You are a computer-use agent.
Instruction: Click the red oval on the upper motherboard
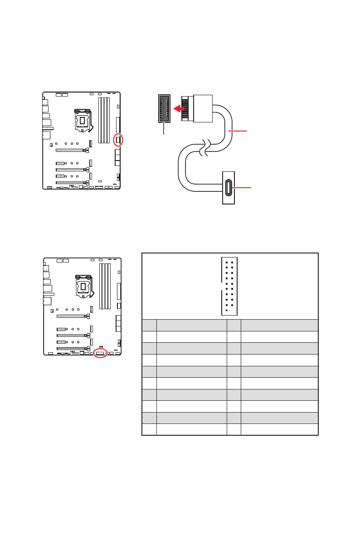click(118, 140)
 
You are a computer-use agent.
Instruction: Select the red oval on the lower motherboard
click(100, 353)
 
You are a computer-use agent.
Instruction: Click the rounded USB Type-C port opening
click(228, 187)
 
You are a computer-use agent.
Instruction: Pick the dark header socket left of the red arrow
click(164, 108)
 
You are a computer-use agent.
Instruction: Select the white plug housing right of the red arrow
click(203, 108)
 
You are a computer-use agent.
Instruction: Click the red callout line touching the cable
click(238, 131)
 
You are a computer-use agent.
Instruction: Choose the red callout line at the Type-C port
click(242, 187)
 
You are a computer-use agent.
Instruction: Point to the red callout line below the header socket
click(164, 129)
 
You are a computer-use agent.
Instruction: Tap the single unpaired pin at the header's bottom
click(226, 311)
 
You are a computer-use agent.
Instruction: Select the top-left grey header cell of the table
click(149, 325)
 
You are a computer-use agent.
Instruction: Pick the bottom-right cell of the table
click(279, 429)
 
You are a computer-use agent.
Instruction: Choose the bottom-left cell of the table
click(149, 429)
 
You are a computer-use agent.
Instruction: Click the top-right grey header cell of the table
click(279, 325)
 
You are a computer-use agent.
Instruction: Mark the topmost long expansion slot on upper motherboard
click(71, 149)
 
